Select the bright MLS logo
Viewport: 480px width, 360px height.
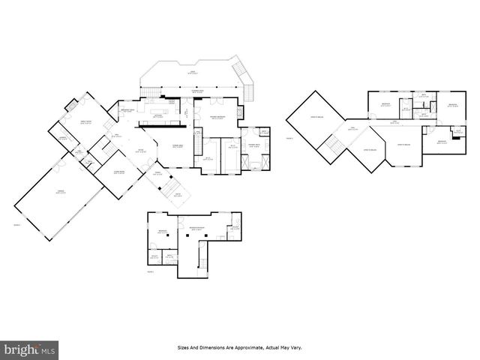click(30, 349)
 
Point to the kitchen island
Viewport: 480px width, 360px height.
click(158, 115)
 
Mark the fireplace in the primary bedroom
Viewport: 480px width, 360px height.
click(240, 113)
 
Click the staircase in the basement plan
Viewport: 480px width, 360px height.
click(200, 260)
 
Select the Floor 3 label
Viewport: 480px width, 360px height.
click(150, 271)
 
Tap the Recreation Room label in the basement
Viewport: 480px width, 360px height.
click(197, 227)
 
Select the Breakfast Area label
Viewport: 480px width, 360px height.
click(124, 112)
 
